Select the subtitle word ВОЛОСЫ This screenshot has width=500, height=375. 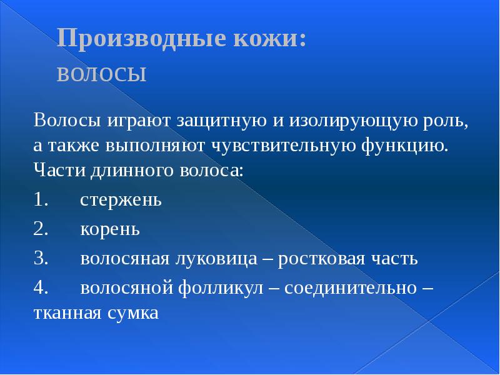click(x=102, y=74)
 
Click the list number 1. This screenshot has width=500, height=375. click(x=41, y=200)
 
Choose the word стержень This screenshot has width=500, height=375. click(x=121, y=201)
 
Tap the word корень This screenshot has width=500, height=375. click(x=109, y=229)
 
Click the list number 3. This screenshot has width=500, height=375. click(x=41, y=258)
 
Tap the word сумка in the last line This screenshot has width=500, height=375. click(x=132, y=312)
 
